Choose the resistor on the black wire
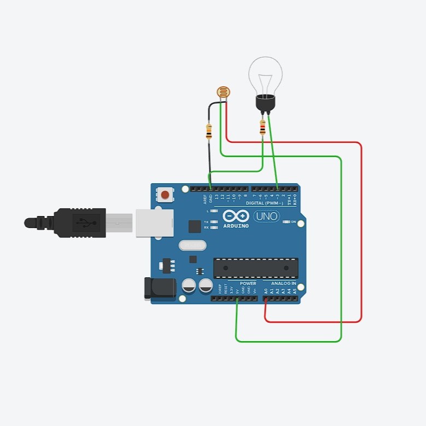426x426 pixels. point(208,131)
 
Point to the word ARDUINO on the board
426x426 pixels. point(236,225)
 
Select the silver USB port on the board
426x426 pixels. point(154,223)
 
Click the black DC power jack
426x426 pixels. point(159,288)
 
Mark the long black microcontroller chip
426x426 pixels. point(255,267)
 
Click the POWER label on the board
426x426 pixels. point(248,284)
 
